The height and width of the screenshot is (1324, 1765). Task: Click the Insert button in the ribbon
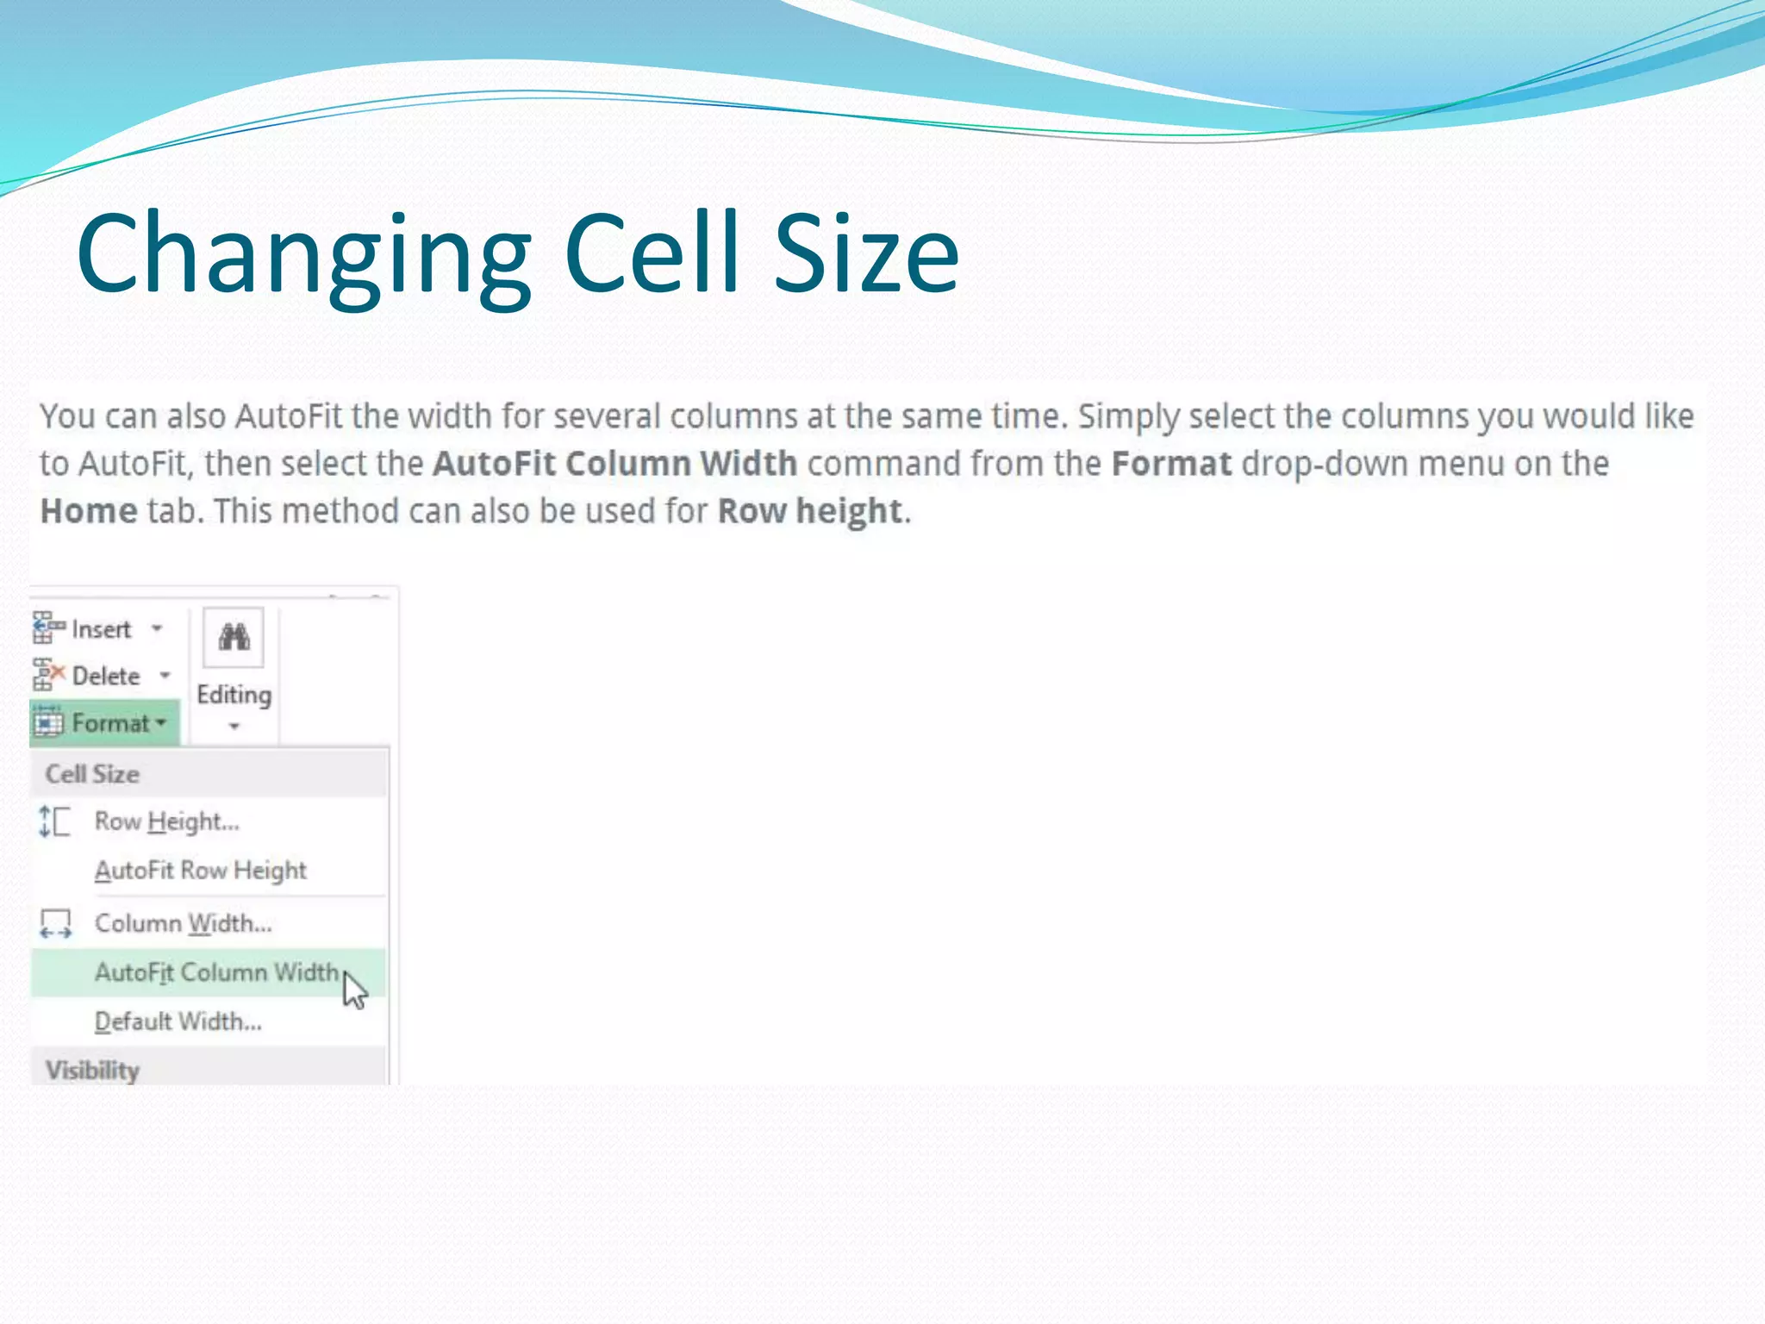pos(99,629)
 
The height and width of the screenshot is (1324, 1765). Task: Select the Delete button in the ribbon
pos(104,676)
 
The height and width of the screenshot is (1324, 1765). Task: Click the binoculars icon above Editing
pos(234,638)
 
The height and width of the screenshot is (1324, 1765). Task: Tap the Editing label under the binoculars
pos(234,695)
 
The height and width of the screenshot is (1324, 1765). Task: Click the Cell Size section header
pos(92,774)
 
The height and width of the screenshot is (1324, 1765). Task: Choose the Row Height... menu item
pos(166,821)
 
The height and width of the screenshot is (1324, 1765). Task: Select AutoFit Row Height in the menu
pos(200,871)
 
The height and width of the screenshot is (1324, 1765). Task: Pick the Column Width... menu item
pos(183,923)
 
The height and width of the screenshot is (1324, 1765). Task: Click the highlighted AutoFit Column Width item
pos(215,972)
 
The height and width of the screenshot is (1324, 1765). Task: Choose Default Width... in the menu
pos(178,1021)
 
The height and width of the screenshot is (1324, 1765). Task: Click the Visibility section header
pos(92,1070)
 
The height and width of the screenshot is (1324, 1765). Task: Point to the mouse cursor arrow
pos(353,989)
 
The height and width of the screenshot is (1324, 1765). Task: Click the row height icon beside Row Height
pos(54,821)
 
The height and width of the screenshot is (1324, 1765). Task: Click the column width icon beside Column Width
pos(56,923)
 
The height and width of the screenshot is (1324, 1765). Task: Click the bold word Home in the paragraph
pos(89,511)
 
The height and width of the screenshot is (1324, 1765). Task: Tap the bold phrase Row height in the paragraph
pos(809,511)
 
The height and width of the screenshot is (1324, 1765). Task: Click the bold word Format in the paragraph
pos(1171,464)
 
